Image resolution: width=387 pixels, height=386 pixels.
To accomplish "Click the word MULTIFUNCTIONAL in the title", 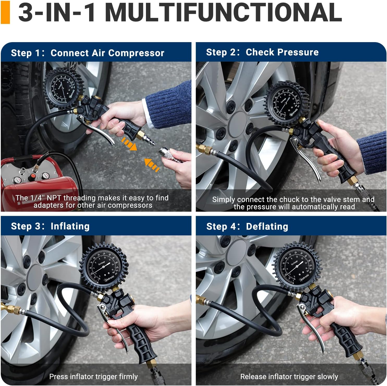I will (x=224, y=12).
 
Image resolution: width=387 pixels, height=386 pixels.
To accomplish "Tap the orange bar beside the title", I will (x=5, y=12).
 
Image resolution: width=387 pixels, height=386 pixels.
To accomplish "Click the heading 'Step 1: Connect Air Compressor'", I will (x=88, y=53).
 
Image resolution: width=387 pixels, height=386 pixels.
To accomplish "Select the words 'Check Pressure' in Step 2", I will (x=282, y=52).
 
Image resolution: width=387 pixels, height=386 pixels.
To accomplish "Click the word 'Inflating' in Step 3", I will (x=70, y=226).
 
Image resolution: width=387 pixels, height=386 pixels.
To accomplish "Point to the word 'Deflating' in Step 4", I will (x=267, y=226).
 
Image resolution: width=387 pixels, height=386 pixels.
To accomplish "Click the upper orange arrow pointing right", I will (x=130, y=144).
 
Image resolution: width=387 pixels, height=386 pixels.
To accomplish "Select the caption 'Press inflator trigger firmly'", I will (x=93, y=376).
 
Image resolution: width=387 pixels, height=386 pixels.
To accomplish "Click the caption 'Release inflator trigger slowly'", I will (x=289, y=376).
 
